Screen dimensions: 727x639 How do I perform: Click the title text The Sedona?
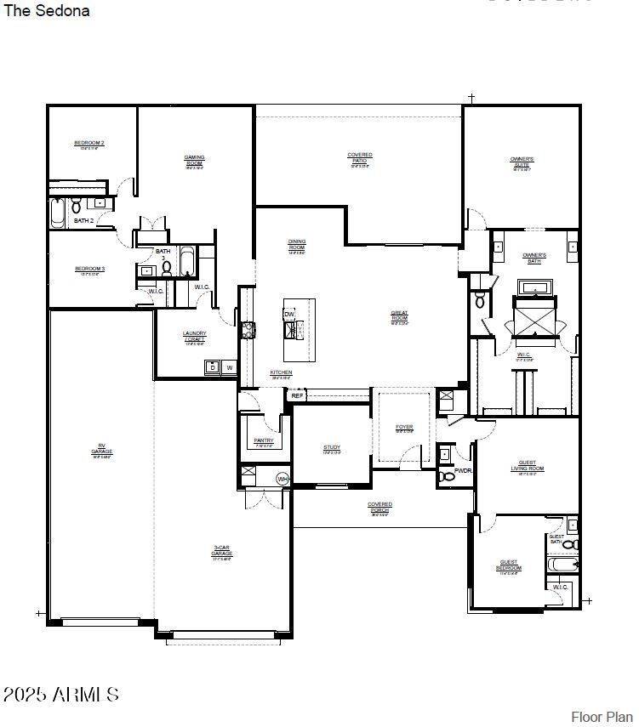pyautogui.click(x=47, y=11)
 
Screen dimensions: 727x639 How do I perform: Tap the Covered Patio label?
pyautogui.click(x=360, y=157)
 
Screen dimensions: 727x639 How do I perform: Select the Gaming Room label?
pyautogui.click(x=194, y=160)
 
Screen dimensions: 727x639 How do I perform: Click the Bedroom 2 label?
pyautogui.click(x=89, y=144)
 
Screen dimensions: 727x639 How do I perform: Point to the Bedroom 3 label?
pyautogui.click(x=89, y=270)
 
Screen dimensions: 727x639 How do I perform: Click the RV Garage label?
pyautogui.click(x=102, y=448)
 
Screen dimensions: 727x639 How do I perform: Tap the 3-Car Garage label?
pyautogui.click(x=222, y=551)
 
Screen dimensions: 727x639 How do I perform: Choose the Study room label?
pyautogui.click(x=332, y=448)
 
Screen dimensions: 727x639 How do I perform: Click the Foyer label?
pyautogui.click(x=404, y=428)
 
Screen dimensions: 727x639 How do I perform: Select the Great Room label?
pyautogui.click(x=399, y=315)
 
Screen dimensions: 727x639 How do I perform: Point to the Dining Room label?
pyautogui.click(x=296, y=245)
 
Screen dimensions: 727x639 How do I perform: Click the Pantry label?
pyautogui.click(x=264, y=440)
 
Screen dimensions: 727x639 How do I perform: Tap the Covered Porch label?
pyautogui.click(x=379, y=507)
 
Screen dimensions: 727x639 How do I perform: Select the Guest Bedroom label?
pyautogui.click(x=509, y=565)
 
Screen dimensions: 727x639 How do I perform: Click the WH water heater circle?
pyautogui.click(x=282, y=480)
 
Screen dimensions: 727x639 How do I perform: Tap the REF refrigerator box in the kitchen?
pyautogui.click(x=297, y=395)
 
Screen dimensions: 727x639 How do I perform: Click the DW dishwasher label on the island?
pyautogui.click(x=289, y=315)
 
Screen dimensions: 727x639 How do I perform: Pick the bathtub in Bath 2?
pyautogui.click(x=58, y=213)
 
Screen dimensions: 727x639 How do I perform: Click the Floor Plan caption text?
pyautogui.click(x=602, y=717)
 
